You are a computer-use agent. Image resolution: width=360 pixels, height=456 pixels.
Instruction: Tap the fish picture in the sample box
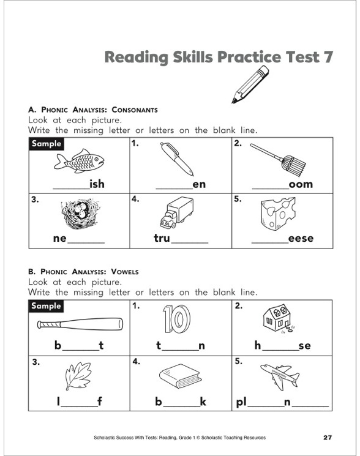tap(79, 162)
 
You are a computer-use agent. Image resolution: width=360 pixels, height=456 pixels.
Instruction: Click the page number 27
tap(327, 437)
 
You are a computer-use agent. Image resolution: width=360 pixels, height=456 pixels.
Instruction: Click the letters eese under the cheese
tap(301, 239)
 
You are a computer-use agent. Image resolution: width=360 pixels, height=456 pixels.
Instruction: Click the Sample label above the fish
tap(47, 144)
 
